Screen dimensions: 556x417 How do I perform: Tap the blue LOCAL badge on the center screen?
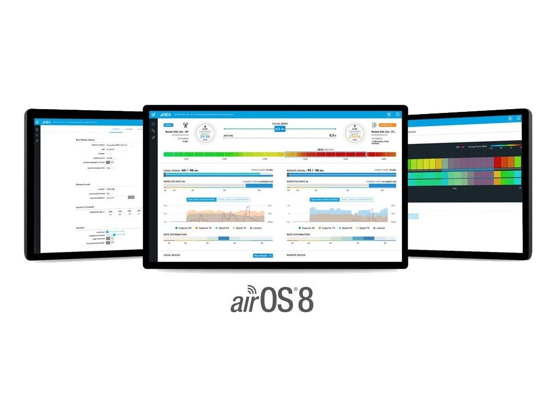[x=169, y=125]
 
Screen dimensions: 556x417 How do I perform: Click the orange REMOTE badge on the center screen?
[x=387, y=125]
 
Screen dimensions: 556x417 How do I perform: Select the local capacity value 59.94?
[x=205, y=137]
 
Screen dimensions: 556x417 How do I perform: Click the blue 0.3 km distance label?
[x=279, y=129]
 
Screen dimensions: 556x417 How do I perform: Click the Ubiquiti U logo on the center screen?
[x=154, y=114]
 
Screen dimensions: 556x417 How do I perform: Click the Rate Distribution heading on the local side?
[x=175, y=235]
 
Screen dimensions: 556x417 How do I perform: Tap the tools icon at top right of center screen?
[x=389, y=114]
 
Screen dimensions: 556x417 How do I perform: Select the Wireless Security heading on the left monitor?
[x=83, y=184]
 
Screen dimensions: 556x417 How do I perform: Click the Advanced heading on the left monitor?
[x=80, y=228]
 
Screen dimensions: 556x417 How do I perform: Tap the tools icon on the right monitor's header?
[x=510, y=118]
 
